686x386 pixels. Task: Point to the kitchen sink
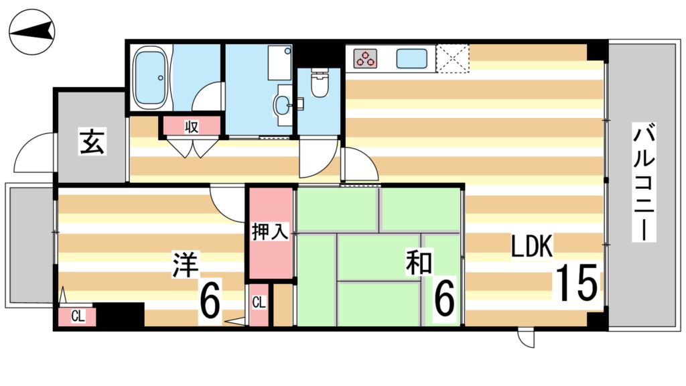[411, 58]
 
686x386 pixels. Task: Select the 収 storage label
[192, 126]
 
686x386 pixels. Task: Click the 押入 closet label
[270, 233]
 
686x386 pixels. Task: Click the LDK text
[532, 247]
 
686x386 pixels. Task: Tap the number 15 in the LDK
[575, 283]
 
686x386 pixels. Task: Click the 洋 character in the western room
[185, 265]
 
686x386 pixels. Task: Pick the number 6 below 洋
[210, 303]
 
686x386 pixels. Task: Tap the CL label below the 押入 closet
[259, 303]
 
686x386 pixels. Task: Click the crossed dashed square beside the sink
[453, 58]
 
